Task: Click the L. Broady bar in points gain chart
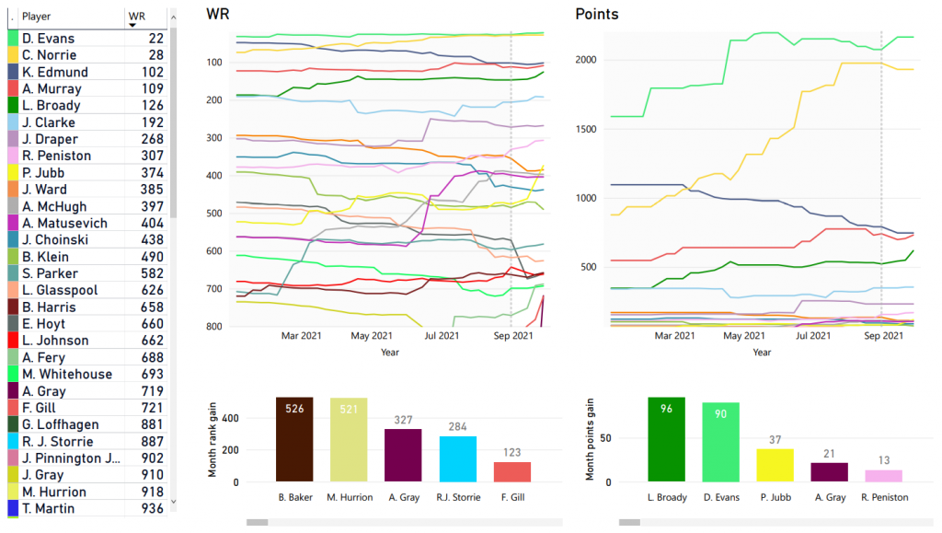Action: coord(666,440)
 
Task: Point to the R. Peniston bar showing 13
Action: coord(883,475)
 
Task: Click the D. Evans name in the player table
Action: coord(48,39)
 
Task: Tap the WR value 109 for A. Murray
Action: coord(152,89)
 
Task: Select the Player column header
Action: coord(37,17)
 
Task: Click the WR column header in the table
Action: coord(138,17)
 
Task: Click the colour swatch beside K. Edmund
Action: coord(12,73)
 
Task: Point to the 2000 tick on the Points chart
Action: coord(592,60)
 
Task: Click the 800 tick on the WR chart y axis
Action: coord(214,327)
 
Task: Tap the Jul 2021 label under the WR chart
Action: coord(442,337)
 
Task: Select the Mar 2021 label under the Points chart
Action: coord(674,337)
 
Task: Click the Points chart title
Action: coord(597,14)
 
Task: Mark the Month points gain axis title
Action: coord(591,440)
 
